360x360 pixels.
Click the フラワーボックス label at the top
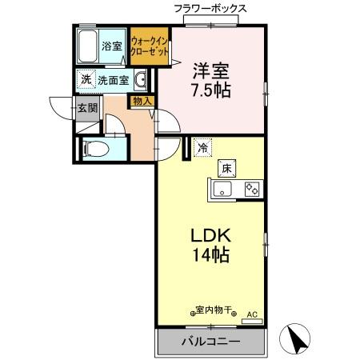pos(210,8)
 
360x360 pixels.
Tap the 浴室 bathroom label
pos(111,46)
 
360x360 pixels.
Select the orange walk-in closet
pos(149,46)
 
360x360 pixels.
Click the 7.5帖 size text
pos(210,90)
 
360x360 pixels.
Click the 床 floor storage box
pos(226,168)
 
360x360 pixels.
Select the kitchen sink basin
pos(222,190)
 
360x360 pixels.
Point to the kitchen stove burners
pos(251,189)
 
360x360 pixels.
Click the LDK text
pos(210,237)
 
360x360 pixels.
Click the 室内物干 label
pos(214,310)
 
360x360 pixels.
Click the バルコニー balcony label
pos(210,342)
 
